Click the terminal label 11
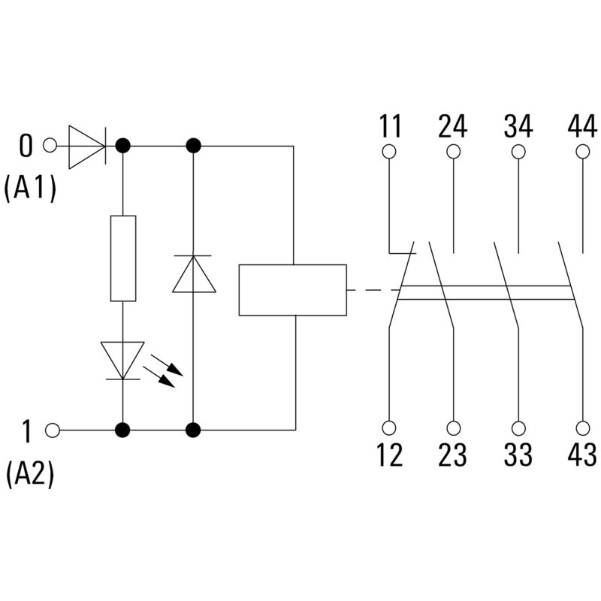coord(389,126)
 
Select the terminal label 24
coord(453,126)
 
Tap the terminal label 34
coord(518,126)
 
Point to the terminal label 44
coord(582,126)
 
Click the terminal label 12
coord(389,455)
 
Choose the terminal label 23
coord(453,455)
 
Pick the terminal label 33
coord(518,455)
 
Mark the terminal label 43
coord(582,455)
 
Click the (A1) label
coord(30,189)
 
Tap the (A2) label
coord(30,475)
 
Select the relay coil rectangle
coord(292,290)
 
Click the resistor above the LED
coord(123,258)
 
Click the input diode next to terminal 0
coord(87,146)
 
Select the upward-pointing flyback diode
coord(194,274)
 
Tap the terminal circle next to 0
coord(51,146)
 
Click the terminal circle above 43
coord(582,428)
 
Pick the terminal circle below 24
coord(453,152)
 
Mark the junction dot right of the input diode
coord(122,146)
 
